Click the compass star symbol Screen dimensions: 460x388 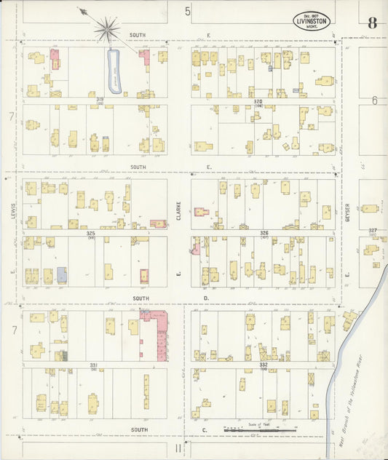107,31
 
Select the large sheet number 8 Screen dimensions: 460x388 372,22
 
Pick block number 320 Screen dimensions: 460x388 257,101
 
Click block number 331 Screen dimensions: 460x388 94,364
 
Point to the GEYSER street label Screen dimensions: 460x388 349,214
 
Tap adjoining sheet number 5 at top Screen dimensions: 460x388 187,11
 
